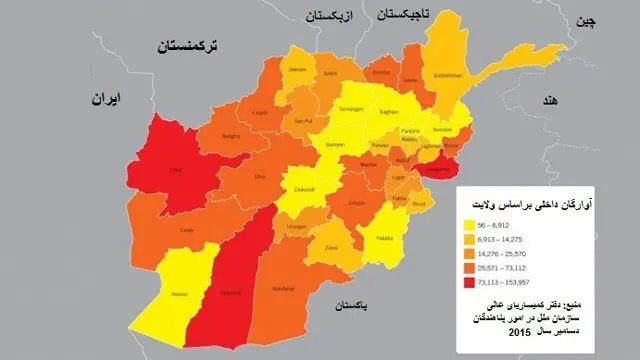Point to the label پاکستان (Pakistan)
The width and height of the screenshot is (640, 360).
click(x=353, y=304)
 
